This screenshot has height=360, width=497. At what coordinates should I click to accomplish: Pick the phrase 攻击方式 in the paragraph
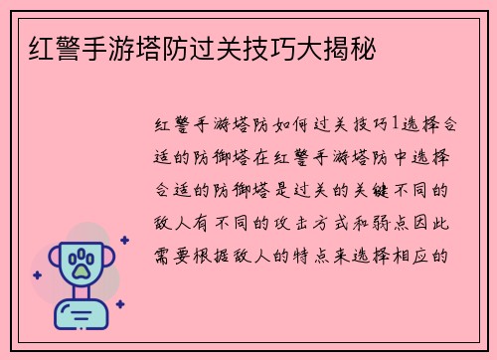click(x=316, y=221)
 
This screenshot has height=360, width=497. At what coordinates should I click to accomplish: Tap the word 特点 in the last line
click(x=316, y=253)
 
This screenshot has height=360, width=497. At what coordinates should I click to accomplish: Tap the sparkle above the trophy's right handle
click(x=124, y=240)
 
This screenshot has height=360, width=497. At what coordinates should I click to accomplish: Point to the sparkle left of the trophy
click(x=38, y=275)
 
